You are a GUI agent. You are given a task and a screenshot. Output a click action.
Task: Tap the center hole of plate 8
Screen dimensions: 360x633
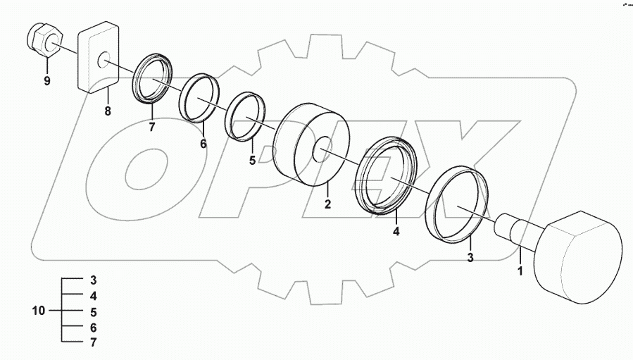pos(104,61)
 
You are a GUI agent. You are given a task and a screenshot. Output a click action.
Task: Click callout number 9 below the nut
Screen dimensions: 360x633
pos(47,81)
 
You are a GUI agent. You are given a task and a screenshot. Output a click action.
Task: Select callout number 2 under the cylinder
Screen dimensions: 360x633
pos(327,204)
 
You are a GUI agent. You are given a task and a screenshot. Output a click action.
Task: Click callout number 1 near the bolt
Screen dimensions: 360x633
pos(520,269)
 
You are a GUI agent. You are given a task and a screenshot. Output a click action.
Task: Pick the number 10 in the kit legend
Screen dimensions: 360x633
pos(39,311)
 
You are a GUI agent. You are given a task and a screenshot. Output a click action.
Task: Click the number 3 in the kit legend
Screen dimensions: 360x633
pos(93,280)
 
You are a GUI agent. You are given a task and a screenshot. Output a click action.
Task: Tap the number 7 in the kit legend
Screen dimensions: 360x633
pos(93,343)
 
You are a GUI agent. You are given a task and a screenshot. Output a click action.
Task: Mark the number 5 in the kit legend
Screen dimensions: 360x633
pos(93,311)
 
